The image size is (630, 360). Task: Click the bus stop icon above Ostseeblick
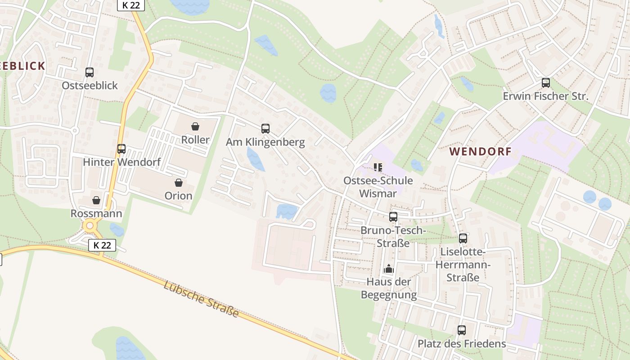[90, 72]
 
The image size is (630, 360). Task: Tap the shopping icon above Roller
[195, 126]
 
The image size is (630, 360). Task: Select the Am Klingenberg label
[265, 142]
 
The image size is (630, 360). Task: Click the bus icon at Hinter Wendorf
[121, 148]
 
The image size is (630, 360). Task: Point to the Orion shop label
[178, 196]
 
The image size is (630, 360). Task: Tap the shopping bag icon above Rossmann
[96, 200]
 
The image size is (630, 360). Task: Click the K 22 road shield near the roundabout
[102, 245]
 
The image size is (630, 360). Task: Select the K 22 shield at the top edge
[131, 5]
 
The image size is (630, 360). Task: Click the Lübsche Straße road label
[201, 299]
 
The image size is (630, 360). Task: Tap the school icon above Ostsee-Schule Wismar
[378, 167]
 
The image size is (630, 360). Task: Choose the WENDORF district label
[480, 152]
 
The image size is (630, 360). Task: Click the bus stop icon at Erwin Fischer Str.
[546, 82]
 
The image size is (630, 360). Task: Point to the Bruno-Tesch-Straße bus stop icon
[393, 216]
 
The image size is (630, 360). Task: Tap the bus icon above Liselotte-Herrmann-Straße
[463, 238]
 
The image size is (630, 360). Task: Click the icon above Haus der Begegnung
[388, 269]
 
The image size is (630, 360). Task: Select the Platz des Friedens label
[462, 344]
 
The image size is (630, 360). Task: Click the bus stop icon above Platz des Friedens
[462, 330]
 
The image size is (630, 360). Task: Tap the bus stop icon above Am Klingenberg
[265, 128]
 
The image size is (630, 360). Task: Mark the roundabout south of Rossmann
[90, 225]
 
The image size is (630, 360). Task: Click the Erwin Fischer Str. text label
[545, 96]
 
